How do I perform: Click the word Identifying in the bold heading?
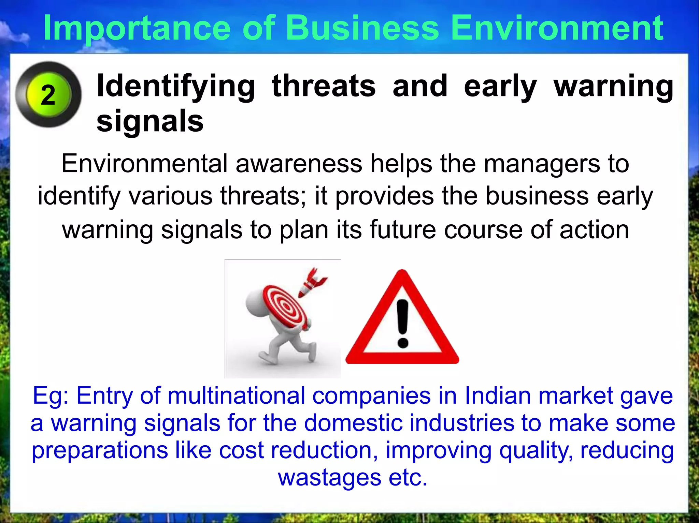tap(176, 86)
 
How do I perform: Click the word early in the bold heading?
tap(500, 86)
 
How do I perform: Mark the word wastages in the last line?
tap(329, 477)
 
